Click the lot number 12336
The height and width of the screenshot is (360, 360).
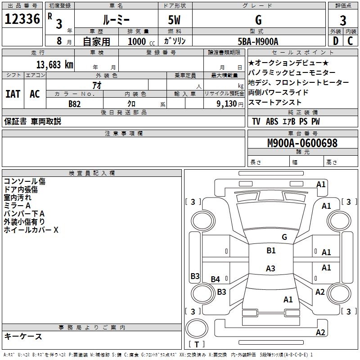click(22, 19)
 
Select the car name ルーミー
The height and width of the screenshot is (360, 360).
click(116, 20)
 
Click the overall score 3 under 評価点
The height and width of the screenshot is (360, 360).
click(343, 20)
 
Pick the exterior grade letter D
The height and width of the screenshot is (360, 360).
click(335, 41)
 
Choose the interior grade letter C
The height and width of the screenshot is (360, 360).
click(351, 41)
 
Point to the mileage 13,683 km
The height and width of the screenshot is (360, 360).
click(53, 64)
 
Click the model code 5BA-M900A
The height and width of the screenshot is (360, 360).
click(258, 41)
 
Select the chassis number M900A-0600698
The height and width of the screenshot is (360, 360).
click(302, 143)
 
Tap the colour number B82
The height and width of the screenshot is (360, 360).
click(75, 103)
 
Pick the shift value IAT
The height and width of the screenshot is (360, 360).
click(13, 94)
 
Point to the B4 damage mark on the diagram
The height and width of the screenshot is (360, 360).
click(216, 279)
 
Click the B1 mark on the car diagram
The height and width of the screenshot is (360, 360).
click(271, 251)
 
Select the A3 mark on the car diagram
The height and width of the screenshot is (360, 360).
click(270, 269)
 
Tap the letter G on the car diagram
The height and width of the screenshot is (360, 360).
click(284, 237)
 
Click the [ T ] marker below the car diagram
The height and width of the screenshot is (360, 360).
click(196, 344)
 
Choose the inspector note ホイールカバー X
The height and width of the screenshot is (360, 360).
click(31, 230)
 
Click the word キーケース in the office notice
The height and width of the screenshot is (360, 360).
click(23, 336)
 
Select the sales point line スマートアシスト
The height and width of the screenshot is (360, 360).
click(274, 102)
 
